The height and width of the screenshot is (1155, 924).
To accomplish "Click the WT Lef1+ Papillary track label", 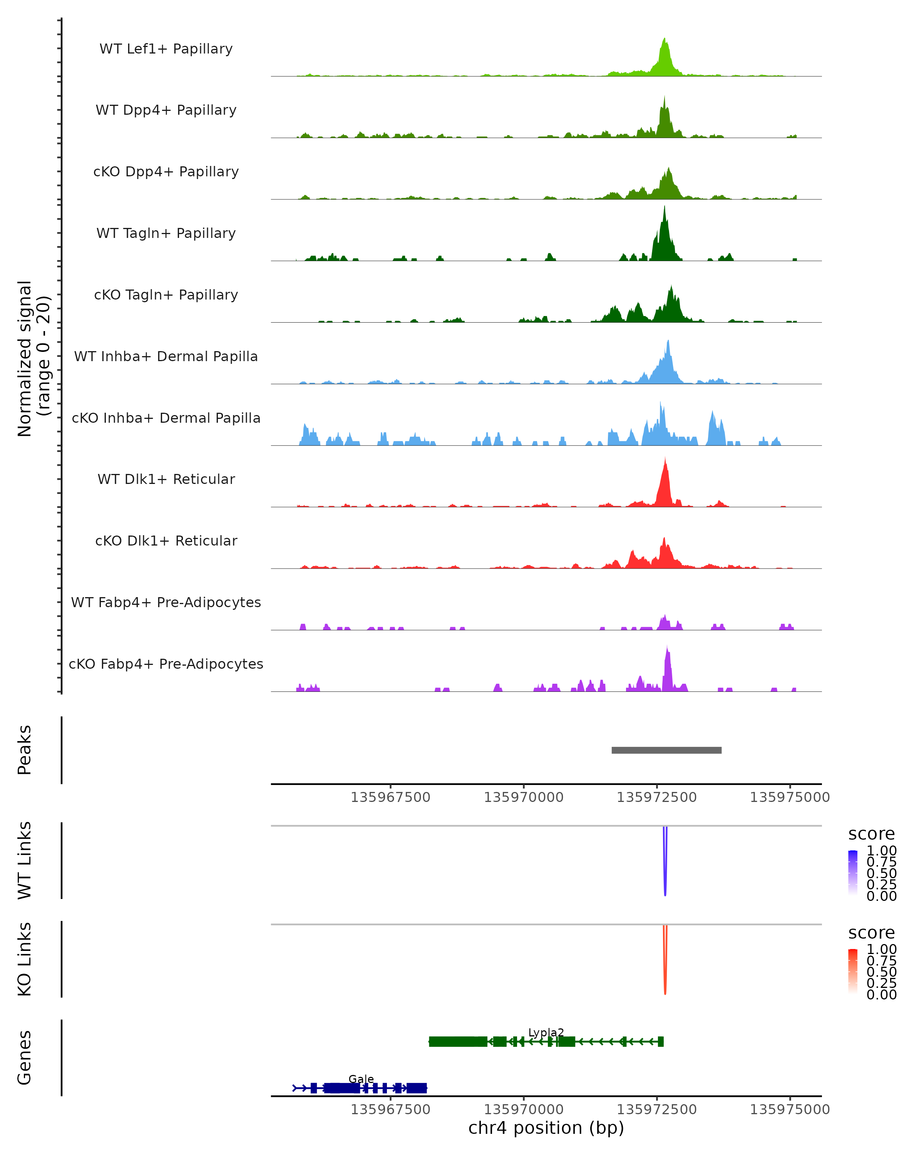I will (x=166, y=49).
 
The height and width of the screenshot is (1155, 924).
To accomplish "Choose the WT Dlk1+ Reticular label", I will (x=166, y=479).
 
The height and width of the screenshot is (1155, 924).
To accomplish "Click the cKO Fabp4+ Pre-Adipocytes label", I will (x=166, y=664).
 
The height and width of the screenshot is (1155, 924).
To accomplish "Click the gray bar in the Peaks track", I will (x=666, y=750).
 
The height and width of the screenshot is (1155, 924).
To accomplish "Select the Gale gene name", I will (x=361, y=1079).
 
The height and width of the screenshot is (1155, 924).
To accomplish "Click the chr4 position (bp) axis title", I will (x=546, y=1128).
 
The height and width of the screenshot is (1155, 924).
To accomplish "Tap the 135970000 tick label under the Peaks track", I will (x=523, y=797).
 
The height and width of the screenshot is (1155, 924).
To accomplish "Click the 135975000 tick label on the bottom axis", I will (x=790, y=1110).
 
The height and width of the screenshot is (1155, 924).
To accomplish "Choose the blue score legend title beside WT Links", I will (x=872, y=834).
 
